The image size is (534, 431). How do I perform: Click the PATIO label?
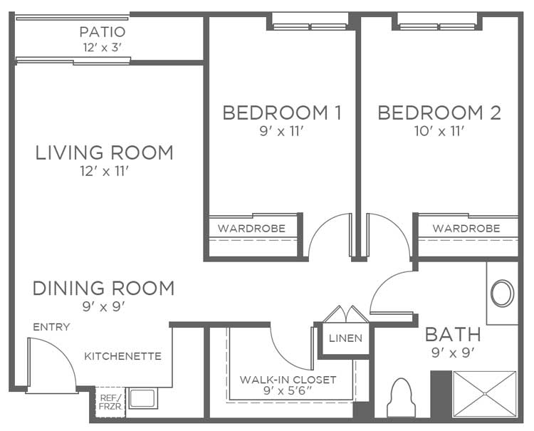coord(103,32)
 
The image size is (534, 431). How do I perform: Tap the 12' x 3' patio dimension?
coord(102,47)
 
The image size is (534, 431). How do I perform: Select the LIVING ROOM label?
coord(104,152)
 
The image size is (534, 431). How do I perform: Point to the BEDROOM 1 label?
coord(282,113)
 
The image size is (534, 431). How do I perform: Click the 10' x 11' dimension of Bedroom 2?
coord(439,131)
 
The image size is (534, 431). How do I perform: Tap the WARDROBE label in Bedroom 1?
coord(251,228)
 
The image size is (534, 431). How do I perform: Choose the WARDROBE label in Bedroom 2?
coord(466,228)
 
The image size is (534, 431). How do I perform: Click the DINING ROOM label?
coord(103,289)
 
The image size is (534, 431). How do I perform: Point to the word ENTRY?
coord(51,327)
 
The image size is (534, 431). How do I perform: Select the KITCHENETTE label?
coord(122,356)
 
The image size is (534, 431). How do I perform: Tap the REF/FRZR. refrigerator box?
coord(110,402)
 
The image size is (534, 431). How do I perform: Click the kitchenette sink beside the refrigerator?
coord(143,398)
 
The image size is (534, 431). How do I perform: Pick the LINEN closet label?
coord(345,338)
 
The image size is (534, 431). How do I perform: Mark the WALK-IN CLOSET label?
coord(288,380)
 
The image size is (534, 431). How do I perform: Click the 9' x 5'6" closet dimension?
coord(288,390)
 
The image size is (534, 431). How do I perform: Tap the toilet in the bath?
coord(402,398)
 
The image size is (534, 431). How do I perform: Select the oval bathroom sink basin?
coord(503,293)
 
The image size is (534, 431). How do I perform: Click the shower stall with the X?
coord(485,394)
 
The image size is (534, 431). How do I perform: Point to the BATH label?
coord(454,335)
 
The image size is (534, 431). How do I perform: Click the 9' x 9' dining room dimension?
coord(104,307)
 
